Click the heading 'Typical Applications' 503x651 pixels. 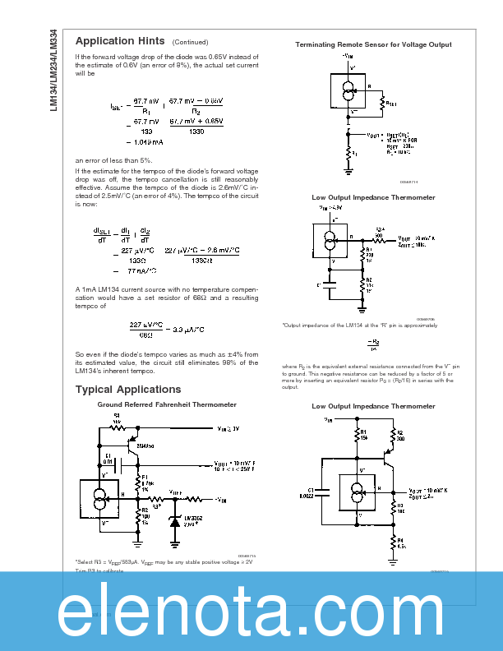(128, 389)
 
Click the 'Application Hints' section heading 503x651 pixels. (120, 41)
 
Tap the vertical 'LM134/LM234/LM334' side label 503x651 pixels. (53, 73)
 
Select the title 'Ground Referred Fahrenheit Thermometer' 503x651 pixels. (167, 404)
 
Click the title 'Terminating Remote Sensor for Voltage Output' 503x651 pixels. (373, 44)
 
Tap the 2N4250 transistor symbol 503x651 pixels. (132, 447)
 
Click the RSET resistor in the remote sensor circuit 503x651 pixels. (382, 104)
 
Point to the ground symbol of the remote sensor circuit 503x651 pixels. (349, 170)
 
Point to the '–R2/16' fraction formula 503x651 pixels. (374, 344)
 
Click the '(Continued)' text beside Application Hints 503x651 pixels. (190, 42)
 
